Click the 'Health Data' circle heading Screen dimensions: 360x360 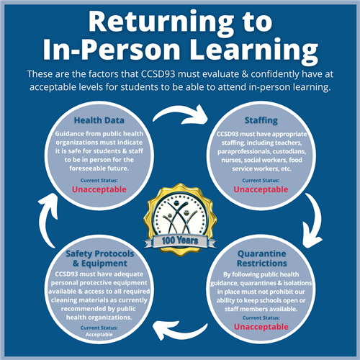point(99,120)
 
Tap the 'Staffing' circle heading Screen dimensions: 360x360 point(261,120)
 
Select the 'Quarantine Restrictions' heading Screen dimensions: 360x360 point(262,258)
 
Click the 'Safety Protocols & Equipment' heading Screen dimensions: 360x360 point(100,258)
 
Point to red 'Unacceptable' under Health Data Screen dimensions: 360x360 point(99,189)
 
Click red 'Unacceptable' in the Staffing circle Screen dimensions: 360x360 point(261,189)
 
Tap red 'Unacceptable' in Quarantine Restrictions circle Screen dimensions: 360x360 point(261,327)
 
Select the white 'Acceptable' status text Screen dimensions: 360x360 point(99,335)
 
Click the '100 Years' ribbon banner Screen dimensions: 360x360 point(180,240)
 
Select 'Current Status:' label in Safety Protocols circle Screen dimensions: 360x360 point(99,328)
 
